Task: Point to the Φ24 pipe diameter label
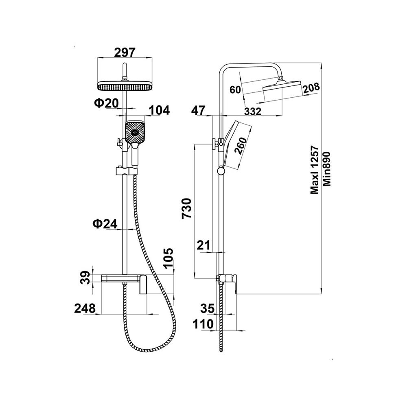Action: coord(105,223)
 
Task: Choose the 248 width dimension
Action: coord(85,308)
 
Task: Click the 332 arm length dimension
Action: coord(253,112)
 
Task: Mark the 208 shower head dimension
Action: coord(311,87)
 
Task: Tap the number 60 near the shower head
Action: coord(235,90)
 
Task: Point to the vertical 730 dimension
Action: coord(186,208)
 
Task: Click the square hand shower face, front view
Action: coord(135,132)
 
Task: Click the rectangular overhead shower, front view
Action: coord(125,86)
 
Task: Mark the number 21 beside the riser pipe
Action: coord(203,245)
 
